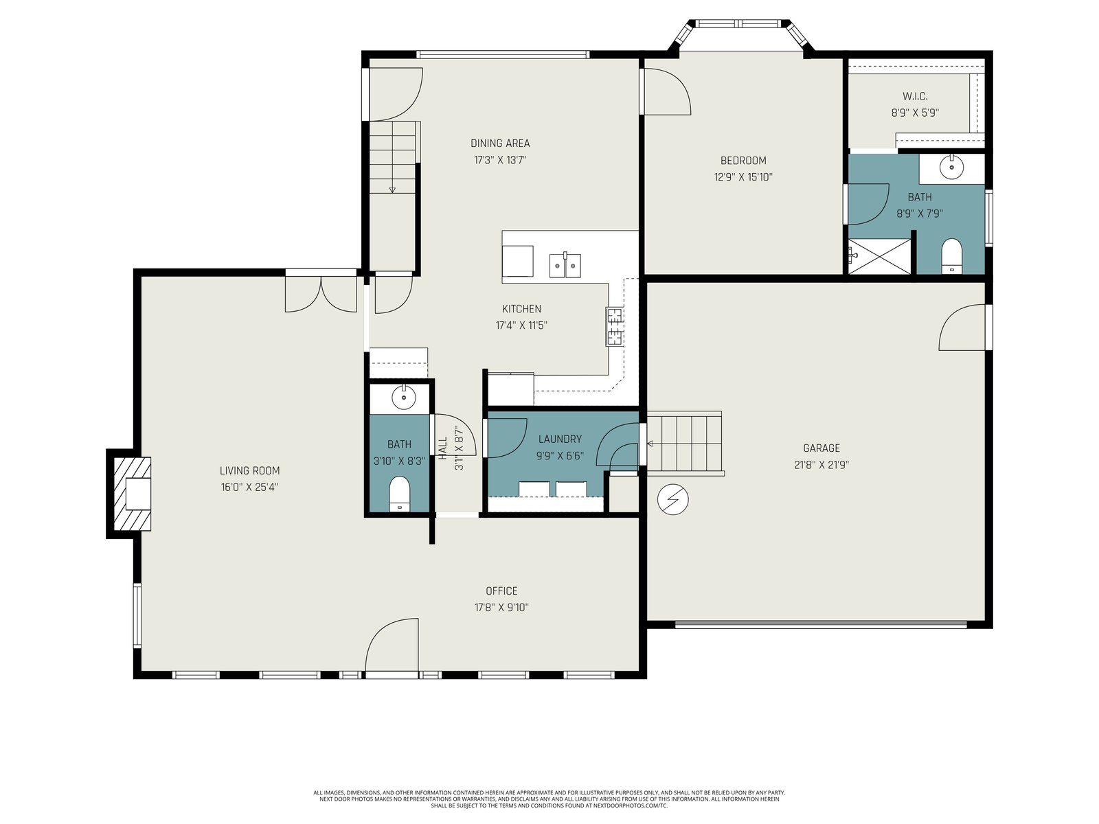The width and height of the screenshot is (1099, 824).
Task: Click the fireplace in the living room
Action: pos(132,493)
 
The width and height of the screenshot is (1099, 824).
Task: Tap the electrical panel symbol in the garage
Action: pos(673,499)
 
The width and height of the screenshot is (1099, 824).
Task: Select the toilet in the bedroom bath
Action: pos(952,256)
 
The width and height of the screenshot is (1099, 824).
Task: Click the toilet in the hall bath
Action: pos(400,494)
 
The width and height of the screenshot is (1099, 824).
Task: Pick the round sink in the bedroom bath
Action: pos(951,167)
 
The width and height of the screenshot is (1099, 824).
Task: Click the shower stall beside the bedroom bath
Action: pos(879,257)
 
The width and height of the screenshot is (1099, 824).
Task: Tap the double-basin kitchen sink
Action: pos(565,265)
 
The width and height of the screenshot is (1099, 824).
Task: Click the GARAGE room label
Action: pos(821,448)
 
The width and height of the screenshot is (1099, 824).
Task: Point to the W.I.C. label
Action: pos(915,97)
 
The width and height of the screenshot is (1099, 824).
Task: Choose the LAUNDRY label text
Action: pos(560,439)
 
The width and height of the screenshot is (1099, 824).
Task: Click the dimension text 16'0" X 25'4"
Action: pos(249,488)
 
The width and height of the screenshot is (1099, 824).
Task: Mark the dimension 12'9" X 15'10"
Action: pos(743,177)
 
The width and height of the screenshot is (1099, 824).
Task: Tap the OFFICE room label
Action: pos(501,591)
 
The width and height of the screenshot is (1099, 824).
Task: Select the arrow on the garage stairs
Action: pos(650,444)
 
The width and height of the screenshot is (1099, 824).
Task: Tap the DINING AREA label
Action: pos(499,144)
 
